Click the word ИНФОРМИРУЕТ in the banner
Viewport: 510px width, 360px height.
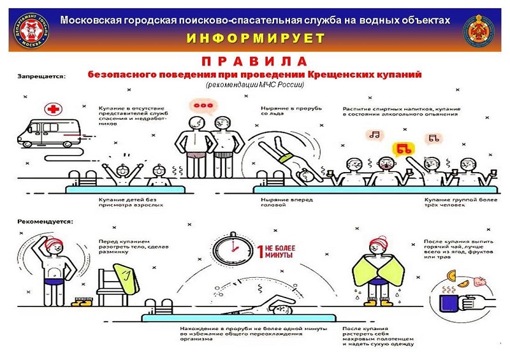[255, 38]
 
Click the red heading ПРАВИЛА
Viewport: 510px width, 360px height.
[254, 62]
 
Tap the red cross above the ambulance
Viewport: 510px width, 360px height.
[49, 108]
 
